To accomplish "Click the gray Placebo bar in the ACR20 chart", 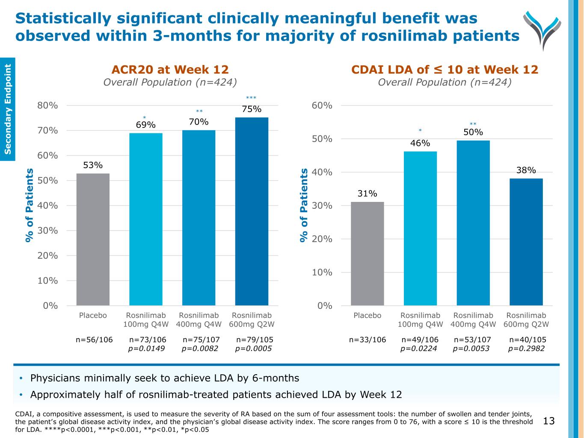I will (93, 239).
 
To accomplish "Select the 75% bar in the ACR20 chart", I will (252, 211).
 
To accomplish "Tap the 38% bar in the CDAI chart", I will (526, 242).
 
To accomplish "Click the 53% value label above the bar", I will (93, 165).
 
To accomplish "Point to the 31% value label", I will (367, 194).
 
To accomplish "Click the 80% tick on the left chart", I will (47, 105).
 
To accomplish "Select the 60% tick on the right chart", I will (322, 105).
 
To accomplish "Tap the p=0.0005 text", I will (254, 349).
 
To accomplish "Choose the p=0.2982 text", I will (526, 349).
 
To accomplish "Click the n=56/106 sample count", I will (94, 340).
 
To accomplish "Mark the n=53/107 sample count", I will (472, 340).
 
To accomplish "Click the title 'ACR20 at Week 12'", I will (170, 69).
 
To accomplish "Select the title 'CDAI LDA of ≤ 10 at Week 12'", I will (445, 69).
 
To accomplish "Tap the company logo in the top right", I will (542, 29).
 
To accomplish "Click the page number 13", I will (548, 421).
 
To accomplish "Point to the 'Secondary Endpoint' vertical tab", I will (8, 109).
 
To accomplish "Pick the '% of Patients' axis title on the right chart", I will (304, 205).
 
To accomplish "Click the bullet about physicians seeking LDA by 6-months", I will (165, 378).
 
